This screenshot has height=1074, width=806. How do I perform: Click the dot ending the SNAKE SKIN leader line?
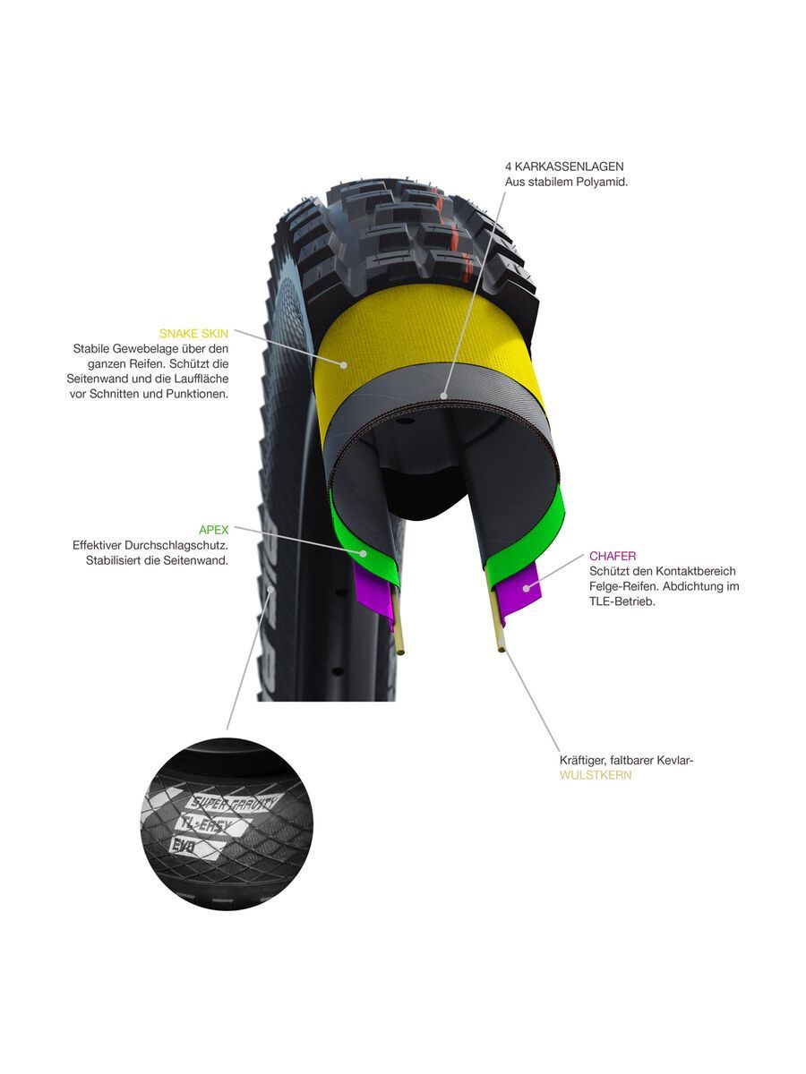pyautogui.click(x=344, y=365)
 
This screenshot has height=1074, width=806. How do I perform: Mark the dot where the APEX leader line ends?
pyautogui.click(x=363, y=553)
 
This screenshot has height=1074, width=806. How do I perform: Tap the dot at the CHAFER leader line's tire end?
pyautogui.click(x=526, y=588)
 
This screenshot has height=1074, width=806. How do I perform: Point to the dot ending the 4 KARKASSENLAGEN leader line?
pyautogui.click(x=444, y=396)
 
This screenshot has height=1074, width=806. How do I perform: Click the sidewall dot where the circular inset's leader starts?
pyautogui.click(x=270, y=591)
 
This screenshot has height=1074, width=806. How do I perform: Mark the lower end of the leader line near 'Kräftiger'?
pyautogui.click(x=560, y=751)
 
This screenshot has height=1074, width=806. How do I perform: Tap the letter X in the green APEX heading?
pyautogui.click(x=224, y=530)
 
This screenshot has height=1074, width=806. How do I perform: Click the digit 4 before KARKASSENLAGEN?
pyautogui.click(x=509, y=166)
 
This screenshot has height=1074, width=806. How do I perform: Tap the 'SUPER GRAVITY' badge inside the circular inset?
pyautogui.click(x=233, y=804)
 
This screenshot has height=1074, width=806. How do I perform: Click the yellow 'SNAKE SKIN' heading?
pyautogui.click(x=193, y=334)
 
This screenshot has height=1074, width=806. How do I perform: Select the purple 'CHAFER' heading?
pyautogui.click(x=613, y=556)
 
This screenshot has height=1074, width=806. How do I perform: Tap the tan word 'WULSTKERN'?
pyautogui.click(x=596, y=775)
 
